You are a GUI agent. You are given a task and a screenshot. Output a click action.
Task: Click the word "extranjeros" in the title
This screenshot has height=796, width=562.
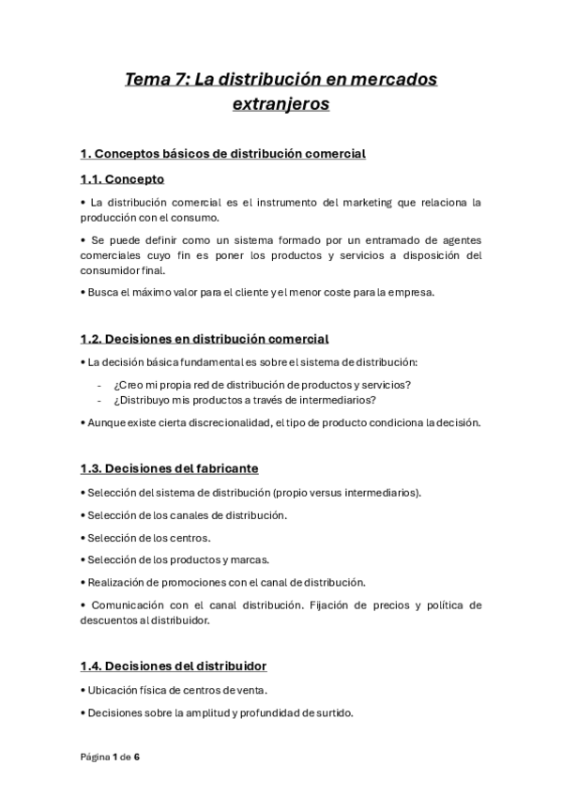[x=281, y=104]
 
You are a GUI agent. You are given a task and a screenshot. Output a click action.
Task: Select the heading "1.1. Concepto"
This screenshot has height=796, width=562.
[x=122, y=178]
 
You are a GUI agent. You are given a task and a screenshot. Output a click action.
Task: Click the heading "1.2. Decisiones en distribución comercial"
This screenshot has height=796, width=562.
[x=205, y=339]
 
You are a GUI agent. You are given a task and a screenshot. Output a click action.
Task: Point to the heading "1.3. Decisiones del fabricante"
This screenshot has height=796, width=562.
[x=169, y=467]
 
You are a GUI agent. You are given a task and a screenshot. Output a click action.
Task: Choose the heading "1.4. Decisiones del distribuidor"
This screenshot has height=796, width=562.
[x=173, y=666]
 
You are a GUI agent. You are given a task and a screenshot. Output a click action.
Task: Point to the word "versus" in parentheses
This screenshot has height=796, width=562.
[x=324, y=492]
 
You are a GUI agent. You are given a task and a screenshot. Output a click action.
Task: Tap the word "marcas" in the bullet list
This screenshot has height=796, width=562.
[x=251, y=560]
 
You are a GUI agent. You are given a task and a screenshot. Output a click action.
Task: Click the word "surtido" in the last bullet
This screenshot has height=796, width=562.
[x=331, y=712]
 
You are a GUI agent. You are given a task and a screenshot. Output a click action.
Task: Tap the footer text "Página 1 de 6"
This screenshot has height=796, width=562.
[x=110, y=757]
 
